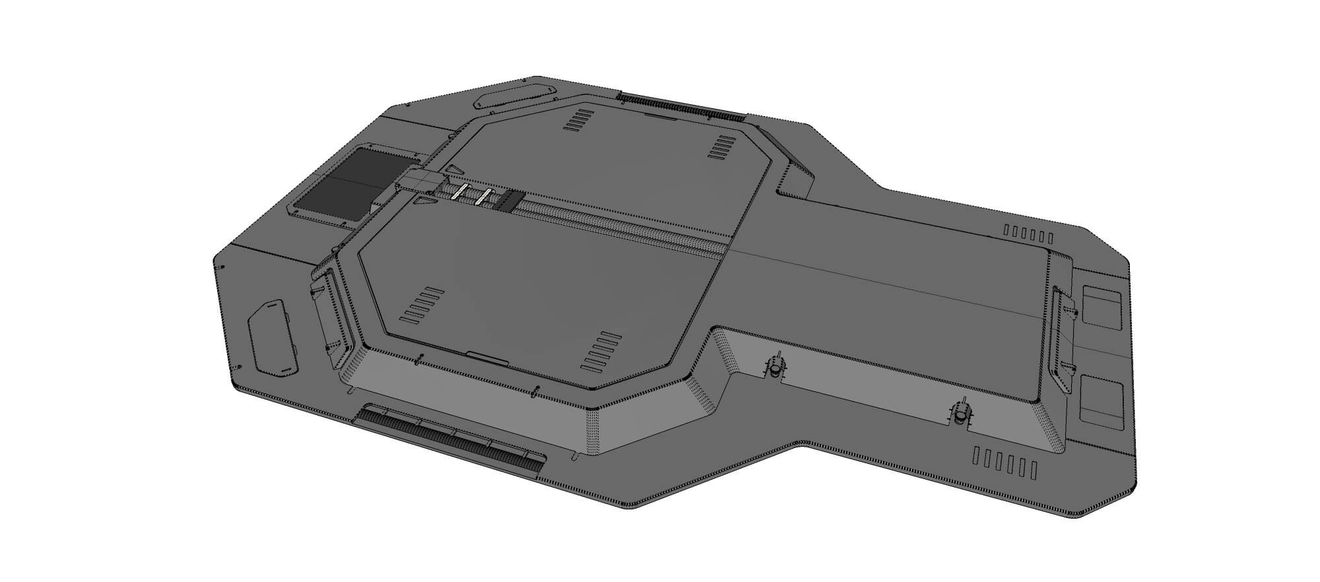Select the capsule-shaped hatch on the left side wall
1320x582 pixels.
pyautogui.click(x=273, y=338)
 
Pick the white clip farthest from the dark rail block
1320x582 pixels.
pyautogui.click(x=460, y=192)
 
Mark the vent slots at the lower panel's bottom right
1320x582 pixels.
pyautogui.click(x=601, y=352)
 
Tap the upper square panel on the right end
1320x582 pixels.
pyautogui.click(x=1102, y=306)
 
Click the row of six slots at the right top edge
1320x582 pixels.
pyautogui.click(x=1028, y=234)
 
